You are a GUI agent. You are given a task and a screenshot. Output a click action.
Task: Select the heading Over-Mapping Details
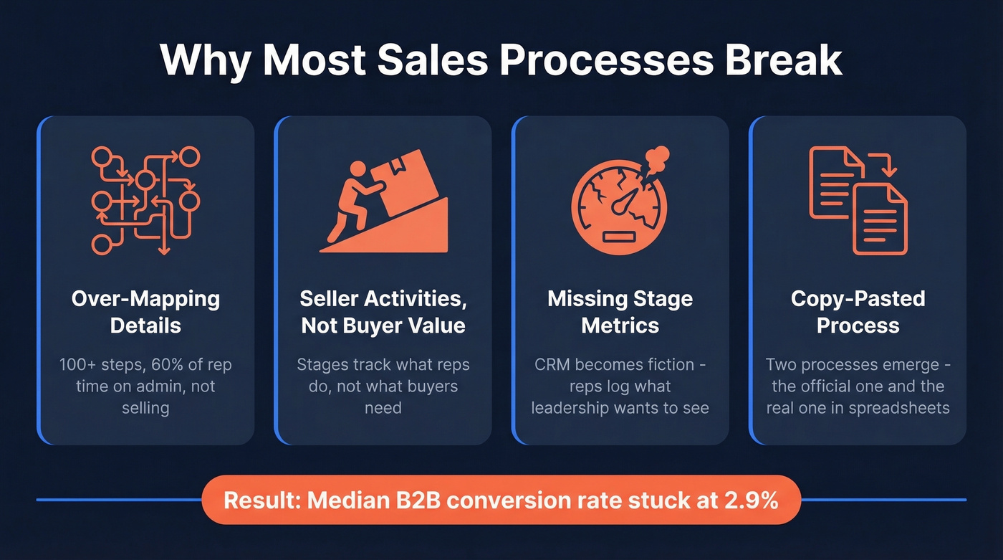pyautogui.click(x=145, y=312)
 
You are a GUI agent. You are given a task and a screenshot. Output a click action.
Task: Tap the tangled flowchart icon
pyautogui.click(x=145, y=200)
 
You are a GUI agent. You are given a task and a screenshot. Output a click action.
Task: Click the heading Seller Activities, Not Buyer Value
pyautogui.click(x=383, y=312)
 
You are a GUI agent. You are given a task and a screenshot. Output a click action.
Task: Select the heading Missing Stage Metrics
pyautogui.click(x=620, y=312)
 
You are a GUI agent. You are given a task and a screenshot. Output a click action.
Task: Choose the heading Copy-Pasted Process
pyautogui.click(x=858, y=312)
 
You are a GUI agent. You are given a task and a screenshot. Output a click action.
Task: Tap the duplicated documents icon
pyautogui.click(x=858, y=200)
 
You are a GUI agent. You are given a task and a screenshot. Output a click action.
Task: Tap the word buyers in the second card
pyautogui.click(x=431, y=386)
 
